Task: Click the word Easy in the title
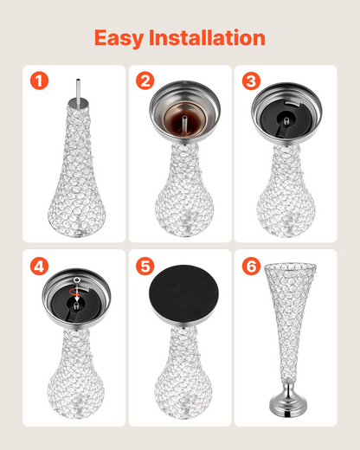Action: pos(119,38)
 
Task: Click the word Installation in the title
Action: pos(207,37)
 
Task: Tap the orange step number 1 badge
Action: pos(39,80)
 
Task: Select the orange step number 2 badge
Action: pos(145,80)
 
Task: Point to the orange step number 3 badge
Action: pos(251,80)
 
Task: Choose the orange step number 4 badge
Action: pos(39,266)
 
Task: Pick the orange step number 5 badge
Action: pos(145,266)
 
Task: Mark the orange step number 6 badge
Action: pos(251,266)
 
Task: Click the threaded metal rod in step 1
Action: pos(78,90)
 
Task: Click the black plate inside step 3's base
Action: pos(286,118)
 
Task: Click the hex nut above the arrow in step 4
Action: pos(77,280)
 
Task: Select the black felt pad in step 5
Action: pos(183,292)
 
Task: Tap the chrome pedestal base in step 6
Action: pos(288,400)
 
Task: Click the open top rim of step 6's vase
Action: pos(290,266)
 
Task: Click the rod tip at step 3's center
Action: pos(286,120)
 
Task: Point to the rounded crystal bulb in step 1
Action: pos(77,210)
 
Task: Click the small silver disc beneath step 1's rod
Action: pos(78,103)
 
